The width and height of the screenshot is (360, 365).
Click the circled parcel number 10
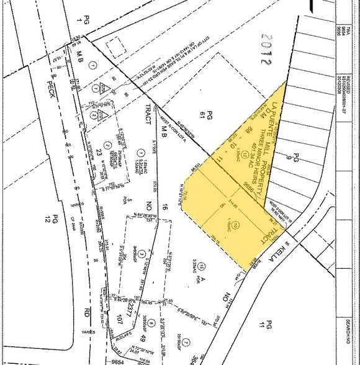[x=236, y=226]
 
